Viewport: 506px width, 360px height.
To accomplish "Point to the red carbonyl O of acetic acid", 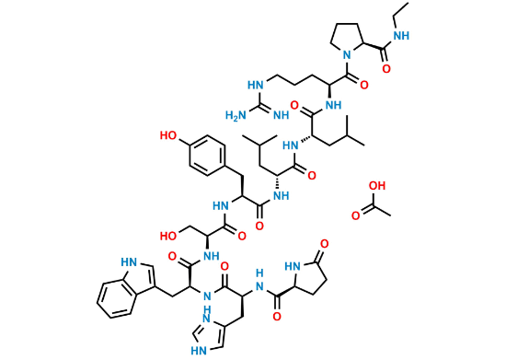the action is (355, 215).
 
